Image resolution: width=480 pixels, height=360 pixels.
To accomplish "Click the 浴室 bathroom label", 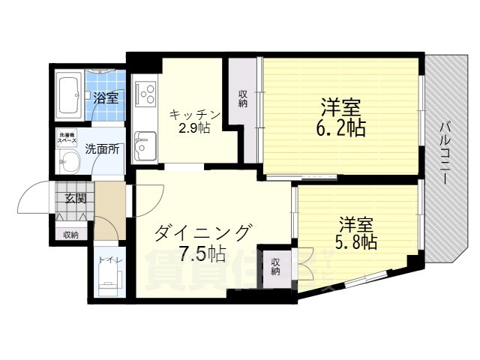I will (106, 97).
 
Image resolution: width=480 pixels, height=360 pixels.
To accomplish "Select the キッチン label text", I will (194, 114).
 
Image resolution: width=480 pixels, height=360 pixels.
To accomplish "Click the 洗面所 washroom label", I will (102, 148).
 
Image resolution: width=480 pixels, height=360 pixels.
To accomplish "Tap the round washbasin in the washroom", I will (70, 161).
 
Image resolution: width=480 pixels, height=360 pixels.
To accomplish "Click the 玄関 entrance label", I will (75, 199).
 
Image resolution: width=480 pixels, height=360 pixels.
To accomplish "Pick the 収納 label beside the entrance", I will (70, 235).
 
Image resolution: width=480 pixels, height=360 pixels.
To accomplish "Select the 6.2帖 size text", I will (340, 127).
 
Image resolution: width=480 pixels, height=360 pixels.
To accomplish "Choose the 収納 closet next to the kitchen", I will (243, 99).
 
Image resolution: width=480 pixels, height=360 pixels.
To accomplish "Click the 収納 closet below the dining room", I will (275, 267).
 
